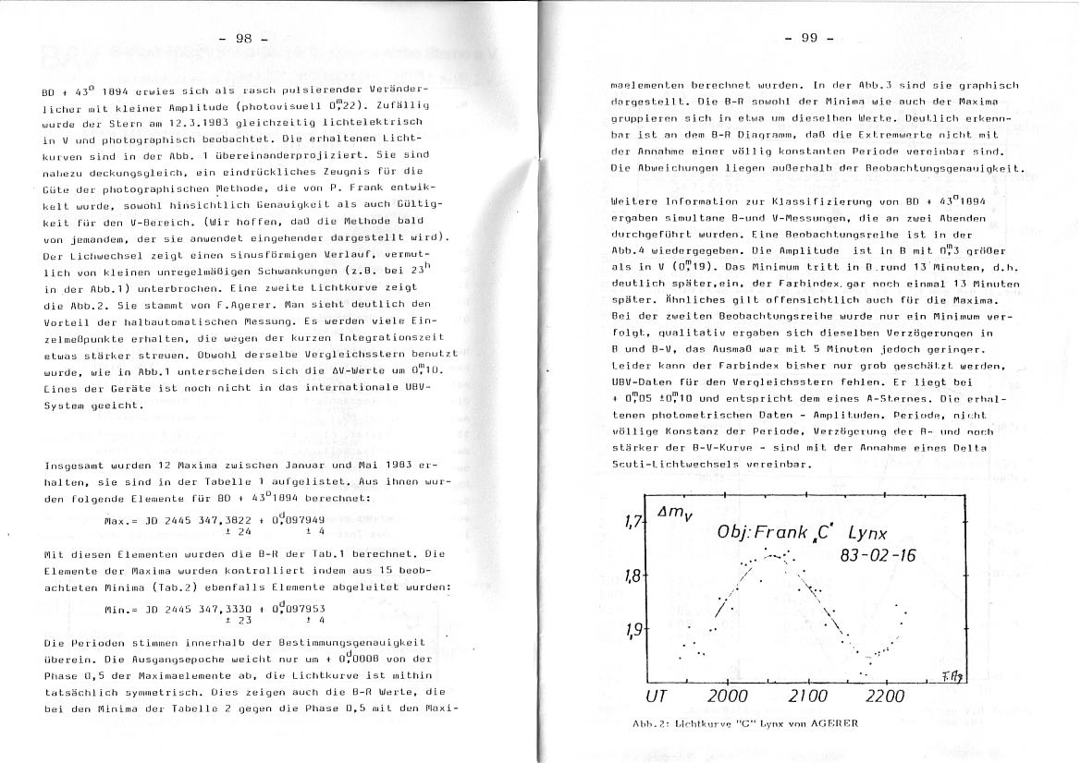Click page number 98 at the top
click(x=244, y=38)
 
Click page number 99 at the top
click(x=808, y=38)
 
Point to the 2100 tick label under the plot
click(x=808, y=696)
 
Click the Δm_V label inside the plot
click(x=672, y=515)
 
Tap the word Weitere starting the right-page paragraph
click(x=637, y=200)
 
